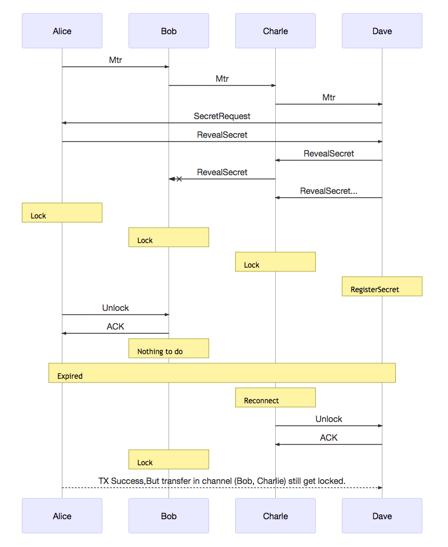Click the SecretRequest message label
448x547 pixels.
[222, 116]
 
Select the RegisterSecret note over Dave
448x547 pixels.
[382, 287]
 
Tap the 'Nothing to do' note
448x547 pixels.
[169, 348]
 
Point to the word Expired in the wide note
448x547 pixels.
[70, 376]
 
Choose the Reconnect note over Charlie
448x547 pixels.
[275, 397]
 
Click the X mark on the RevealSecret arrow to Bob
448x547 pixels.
[179, 179]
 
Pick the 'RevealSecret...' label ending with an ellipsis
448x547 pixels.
[329, 191]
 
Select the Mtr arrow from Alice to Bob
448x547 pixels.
[115, 67]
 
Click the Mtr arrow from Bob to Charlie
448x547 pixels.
[222, 85]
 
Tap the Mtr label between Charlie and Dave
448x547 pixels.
[329, 97]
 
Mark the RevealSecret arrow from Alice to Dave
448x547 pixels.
[222, 142]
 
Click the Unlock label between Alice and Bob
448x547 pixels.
[115, 308]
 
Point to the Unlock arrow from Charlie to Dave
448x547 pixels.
[329, 426]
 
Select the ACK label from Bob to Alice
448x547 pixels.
[115, 326]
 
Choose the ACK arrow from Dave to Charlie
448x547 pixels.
[329, 444]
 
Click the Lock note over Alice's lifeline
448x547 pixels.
[62, 213]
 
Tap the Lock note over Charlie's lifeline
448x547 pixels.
[275, 262]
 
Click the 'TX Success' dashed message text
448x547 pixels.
[222, 481]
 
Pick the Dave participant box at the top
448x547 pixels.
[382, 31]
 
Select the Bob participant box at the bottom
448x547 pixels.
[169, 516]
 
